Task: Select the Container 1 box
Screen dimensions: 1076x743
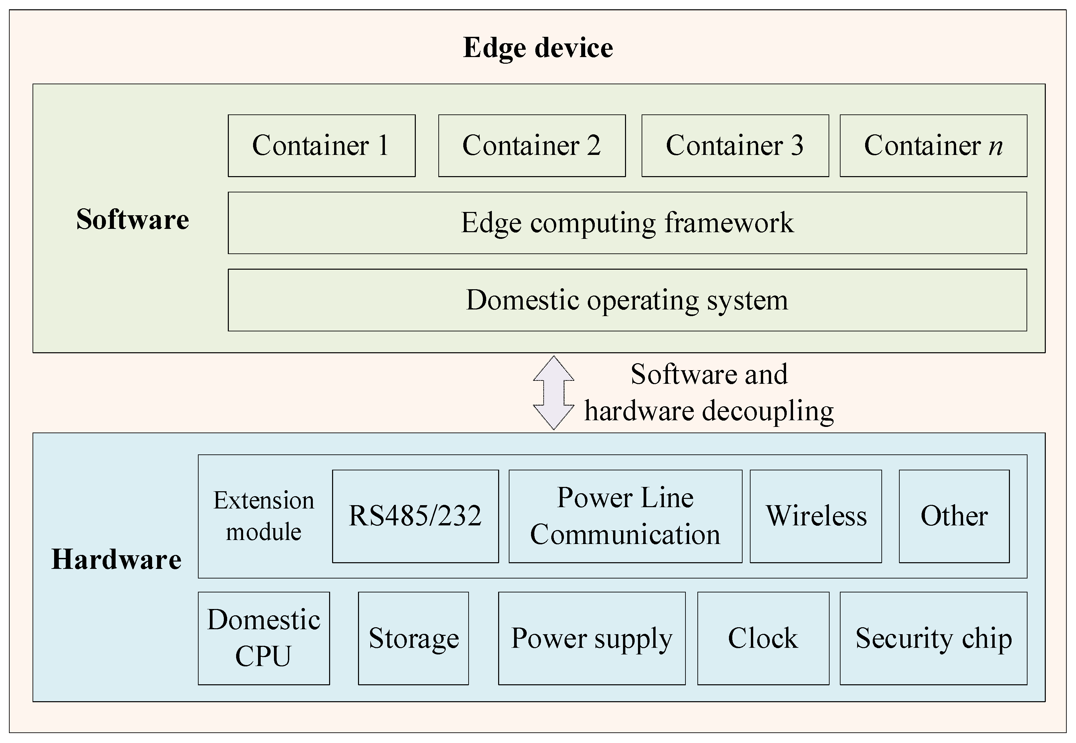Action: point(321,146)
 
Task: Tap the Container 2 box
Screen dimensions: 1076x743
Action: point(532,146)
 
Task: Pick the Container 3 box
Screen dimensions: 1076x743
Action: point(735,146)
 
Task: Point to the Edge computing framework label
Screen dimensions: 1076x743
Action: point(627,223)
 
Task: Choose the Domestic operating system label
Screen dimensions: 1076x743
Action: point(627,300)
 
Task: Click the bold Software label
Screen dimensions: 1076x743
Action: point(133,219)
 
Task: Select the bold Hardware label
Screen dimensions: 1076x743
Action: point(117,559)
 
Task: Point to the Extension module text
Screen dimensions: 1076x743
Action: point(264,516)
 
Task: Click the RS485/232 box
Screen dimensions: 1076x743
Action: point(415,516)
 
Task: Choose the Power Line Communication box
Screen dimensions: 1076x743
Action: point(625,516)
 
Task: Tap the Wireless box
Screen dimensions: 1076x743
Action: point(816,516)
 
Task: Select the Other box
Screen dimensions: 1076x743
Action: point(954,516)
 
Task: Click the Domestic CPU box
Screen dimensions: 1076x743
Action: point(264,638)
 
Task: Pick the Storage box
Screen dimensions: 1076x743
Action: point(413,638)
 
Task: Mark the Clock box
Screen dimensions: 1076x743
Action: point(763,638)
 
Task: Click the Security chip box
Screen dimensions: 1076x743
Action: point(934,638)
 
